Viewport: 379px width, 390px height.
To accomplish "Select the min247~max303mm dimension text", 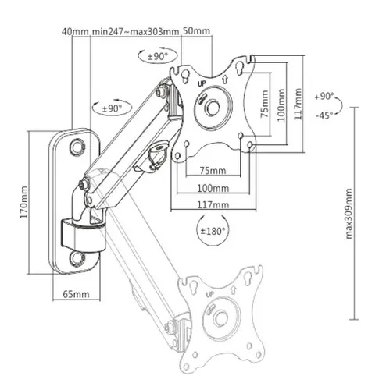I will [136, 32].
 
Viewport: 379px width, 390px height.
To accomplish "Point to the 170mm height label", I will [23, 201].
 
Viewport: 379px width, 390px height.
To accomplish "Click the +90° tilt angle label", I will [325, 97].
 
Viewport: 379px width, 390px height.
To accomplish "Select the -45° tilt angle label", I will [324, 115].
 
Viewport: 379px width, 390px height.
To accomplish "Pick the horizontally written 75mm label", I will [213, 170].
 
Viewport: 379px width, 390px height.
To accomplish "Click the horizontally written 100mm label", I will [213, 188].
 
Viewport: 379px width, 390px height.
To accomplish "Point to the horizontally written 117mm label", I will [213, 205].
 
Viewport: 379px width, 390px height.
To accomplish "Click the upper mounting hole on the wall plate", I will [78, 146].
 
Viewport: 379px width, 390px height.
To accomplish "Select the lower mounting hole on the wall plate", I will [78, 257].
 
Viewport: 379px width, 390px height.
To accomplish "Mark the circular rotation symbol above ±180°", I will [213, 232].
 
